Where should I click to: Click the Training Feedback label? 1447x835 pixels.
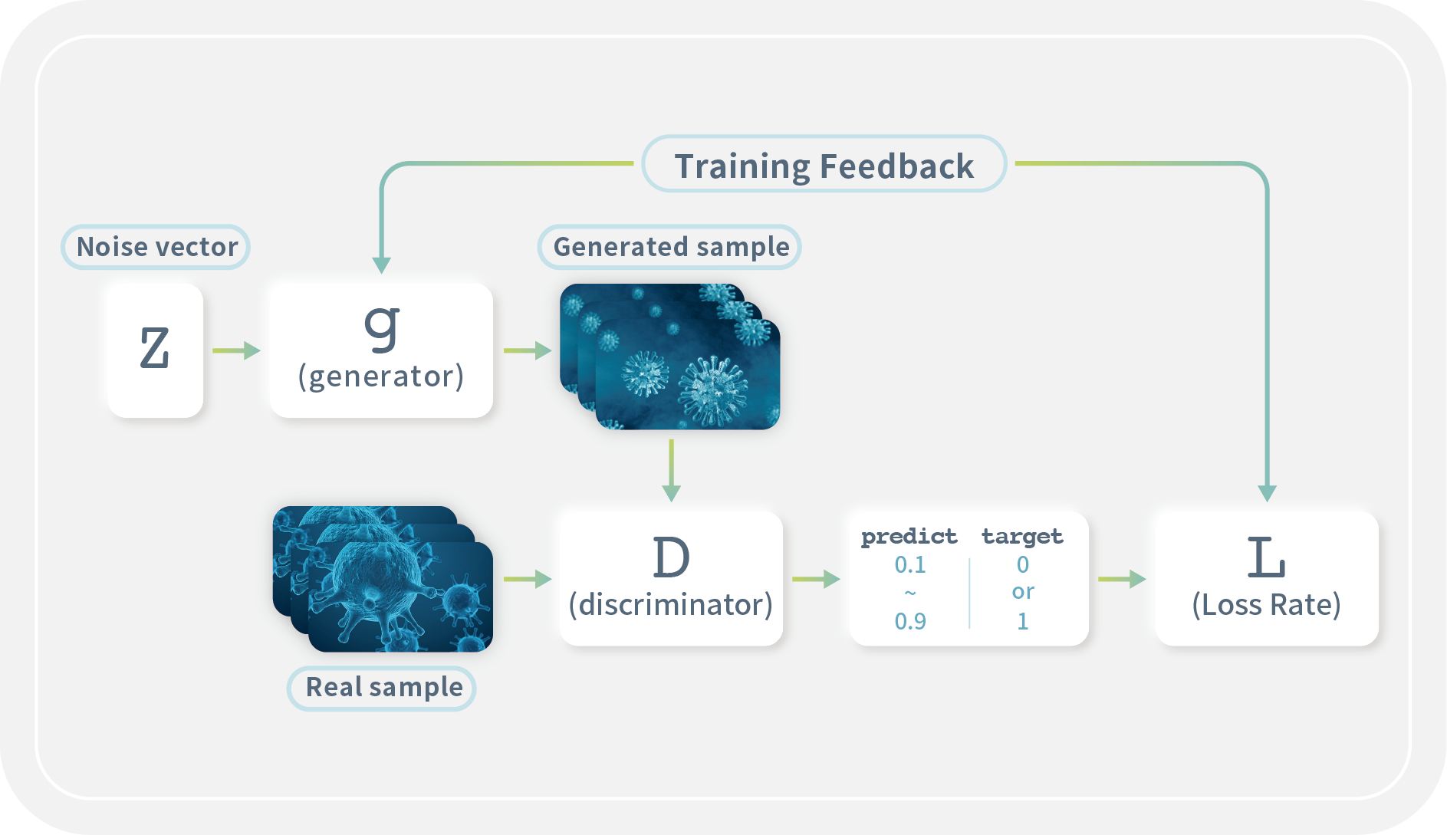[824, 166]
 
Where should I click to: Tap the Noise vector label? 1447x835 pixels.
[156, 247]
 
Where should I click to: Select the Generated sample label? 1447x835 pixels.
[670, 247]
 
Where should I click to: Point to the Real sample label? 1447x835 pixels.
[383, 687]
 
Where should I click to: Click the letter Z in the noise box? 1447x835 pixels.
[154, 348]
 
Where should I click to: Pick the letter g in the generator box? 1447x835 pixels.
[382, 326]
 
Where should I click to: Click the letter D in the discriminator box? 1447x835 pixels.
[671, 557]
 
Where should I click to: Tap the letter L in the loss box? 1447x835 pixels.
[1265, 557]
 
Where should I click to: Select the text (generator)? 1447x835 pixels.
[381, 376]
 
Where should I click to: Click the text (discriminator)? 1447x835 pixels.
[671, 605]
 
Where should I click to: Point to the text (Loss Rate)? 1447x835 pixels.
[1266, 605]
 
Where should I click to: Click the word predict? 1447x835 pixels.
[909, 536]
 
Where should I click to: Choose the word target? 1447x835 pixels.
[1022, 536]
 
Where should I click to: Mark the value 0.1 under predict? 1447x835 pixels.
[910, 565]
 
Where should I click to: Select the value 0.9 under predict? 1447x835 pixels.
[910, 621]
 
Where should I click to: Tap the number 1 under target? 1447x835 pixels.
[1022, 621]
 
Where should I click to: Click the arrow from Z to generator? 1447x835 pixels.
[236, 350]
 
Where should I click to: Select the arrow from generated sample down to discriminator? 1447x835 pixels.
[671, 470]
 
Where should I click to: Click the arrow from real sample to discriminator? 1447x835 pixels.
[528, 579]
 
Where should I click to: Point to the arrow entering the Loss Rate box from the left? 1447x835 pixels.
[1122, 579]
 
